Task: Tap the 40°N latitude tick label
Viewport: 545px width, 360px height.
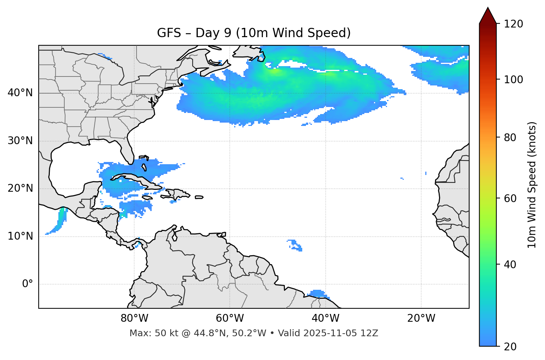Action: tap(20, 93)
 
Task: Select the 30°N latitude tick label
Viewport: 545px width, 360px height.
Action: tap(20, 141)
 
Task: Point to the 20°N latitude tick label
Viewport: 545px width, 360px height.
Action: tap(20, 188)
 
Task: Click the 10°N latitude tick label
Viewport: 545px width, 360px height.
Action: tap(20, 236)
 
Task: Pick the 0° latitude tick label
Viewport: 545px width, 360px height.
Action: tap(28, 284)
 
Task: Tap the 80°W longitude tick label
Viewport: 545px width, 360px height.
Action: tap(134, 318)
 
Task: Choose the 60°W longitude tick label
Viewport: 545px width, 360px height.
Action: tap(230, 318)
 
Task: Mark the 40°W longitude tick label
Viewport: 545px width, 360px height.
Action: tap(325, 318)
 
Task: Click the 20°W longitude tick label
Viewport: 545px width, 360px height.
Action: tap(421, 318)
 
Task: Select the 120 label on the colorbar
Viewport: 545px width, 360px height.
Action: tap(513, 24)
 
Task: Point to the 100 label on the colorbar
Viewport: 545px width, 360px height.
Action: tap(513, 80)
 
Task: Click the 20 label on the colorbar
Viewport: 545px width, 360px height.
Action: tap(510, 347)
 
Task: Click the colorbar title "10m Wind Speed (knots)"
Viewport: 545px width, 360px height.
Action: tap(532, 185)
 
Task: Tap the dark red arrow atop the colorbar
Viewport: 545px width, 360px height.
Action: tap(488, 16)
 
